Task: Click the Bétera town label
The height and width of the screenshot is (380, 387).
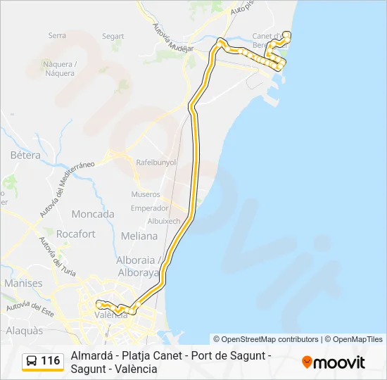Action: (25, 155)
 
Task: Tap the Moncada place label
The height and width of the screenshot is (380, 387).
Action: (93, 214)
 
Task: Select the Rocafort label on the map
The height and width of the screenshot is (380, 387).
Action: (77, 234)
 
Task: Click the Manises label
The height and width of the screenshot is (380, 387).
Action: (23, 283)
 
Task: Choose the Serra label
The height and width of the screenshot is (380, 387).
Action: (57, 36)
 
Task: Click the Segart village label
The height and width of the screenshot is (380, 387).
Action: (113, 37)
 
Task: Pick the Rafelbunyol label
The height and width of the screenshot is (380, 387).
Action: (156, 162)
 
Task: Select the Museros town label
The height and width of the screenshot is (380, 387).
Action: (146, 194)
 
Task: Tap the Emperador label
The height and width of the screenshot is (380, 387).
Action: (150, 208)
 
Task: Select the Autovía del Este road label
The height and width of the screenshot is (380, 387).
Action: (30, 307)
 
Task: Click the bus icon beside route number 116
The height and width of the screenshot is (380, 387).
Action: (32, 361)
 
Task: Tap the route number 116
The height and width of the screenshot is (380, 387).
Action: (51, 361)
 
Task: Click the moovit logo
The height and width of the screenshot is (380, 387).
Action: (334, 362)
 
